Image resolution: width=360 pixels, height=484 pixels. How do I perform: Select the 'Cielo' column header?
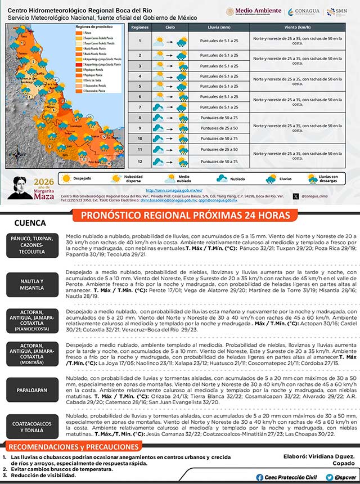(169, 27)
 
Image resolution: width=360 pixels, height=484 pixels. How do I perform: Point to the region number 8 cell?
(139, 118)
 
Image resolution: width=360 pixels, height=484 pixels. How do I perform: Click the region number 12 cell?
(139, 162)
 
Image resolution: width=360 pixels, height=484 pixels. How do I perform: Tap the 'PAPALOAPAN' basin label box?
(33, 389)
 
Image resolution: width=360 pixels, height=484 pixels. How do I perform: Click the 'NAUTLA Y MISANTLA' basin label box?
(33, 284)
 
